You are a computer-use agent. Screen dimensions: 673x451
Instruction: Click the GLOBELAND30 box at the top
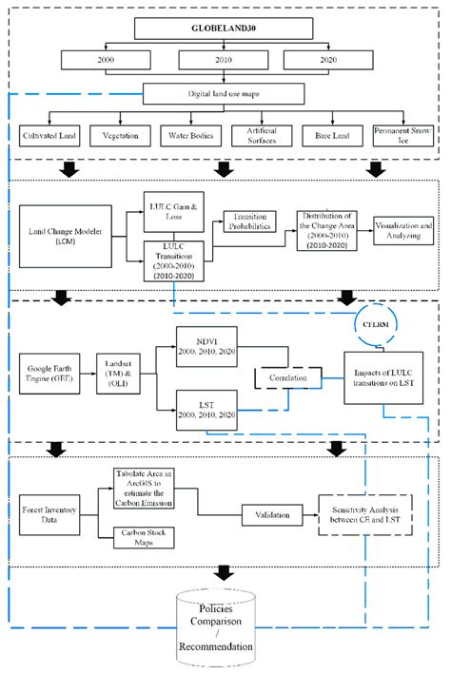tap(225, 29)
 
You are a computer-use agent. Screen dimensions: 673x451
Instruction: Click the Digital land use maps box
tap(225, 94)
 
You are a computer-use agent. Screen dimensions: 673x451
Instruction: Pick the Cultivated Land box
tap(52, 135)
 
